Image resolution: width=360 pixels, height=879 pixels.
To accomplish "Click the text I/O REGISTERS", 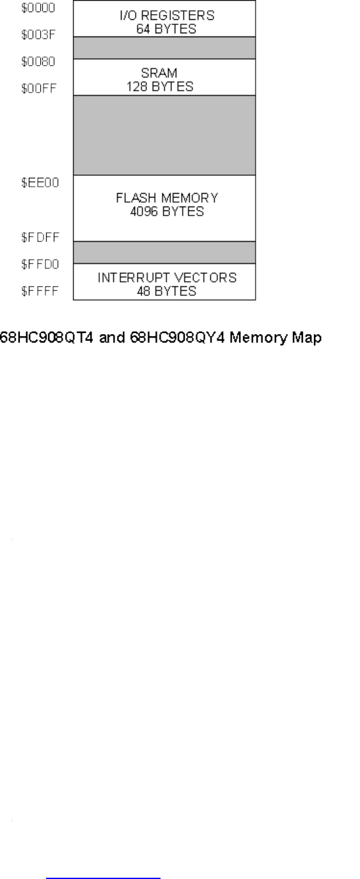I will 165,14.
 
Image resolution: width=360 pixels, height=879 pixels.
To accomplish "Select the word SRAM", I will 165,74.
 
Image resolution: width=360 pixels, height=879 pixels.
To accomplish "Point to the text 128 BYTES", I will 165,86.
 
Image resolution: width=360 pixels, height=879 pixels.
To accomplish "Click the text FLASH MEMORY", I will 165,197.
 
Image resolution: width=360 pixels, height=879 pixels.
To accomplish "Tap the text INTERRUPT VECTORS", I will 165,278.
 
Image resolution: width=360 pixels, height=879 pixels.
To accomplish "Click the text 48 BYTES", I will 165,291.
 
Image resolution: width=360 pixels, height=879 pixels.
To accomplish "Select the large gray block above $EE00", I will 165,135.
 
